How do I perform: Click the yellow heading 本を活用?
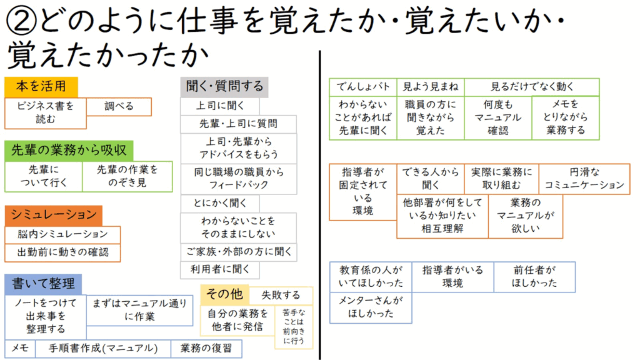[41, 86]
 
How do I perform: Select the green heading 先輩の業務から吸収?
[69, 150]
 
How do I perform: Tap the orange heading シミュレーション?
[54, 216]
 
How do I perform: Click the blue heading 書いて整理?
[43, 284]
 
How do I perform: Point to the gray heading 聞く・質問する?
[224, 86]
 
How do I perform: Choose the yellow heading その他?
[224, 294]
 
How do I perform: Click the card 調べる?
[119, 106]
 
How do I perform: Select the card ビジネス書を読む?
[45, 113]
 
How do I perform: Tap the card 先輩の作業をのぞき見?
[127, 176]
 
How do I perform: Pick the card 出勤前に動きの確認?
[62, 252]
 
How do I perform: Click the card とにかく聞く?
[220, 203]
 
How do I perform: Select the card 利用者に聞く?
[220, 270]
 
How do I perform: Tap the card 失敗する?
[281, 295]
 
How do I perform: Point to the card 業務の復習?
[206, 349]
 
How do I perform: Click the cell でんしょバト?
[363, 87]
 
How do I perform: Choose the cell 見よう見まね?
[431, 87]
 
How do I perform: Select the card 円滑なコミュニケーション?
[584, 179]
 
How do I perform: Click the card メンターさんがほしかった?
[371, 307]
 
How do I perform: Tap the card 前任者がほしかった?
[535, 277]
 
